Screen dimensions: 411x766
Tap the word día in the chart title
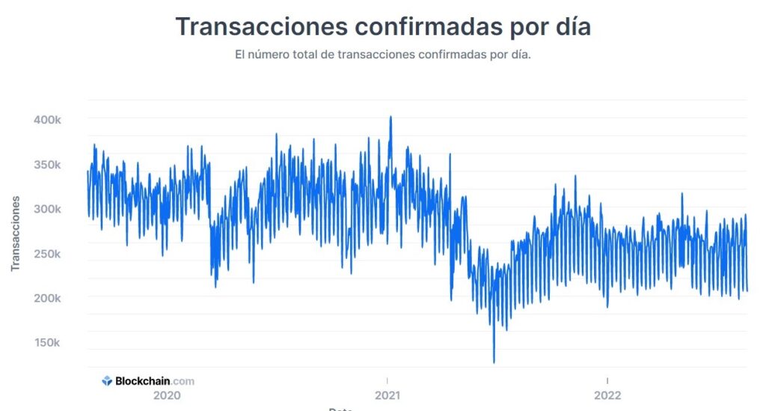[x=571, y=26]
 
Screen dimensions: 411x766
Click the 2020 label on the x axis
[x=167, y=395]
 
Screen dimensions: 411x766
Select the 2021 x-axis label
[x=387, y=395]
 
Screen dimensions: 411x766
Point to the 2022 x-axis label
[x=607, y=395]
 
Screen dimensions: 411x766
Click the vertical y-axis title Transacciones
[x=15, y=234]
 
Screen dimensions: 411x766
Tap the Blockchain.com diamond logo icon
[x=107, y=380]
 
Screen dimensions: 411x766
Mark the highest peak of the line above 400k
[x=390, y=117]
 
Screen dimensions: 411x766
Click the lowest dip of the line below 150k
[x=494, y=362]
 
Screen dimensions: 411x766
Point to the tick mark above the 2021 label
[x=387, y=380]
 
